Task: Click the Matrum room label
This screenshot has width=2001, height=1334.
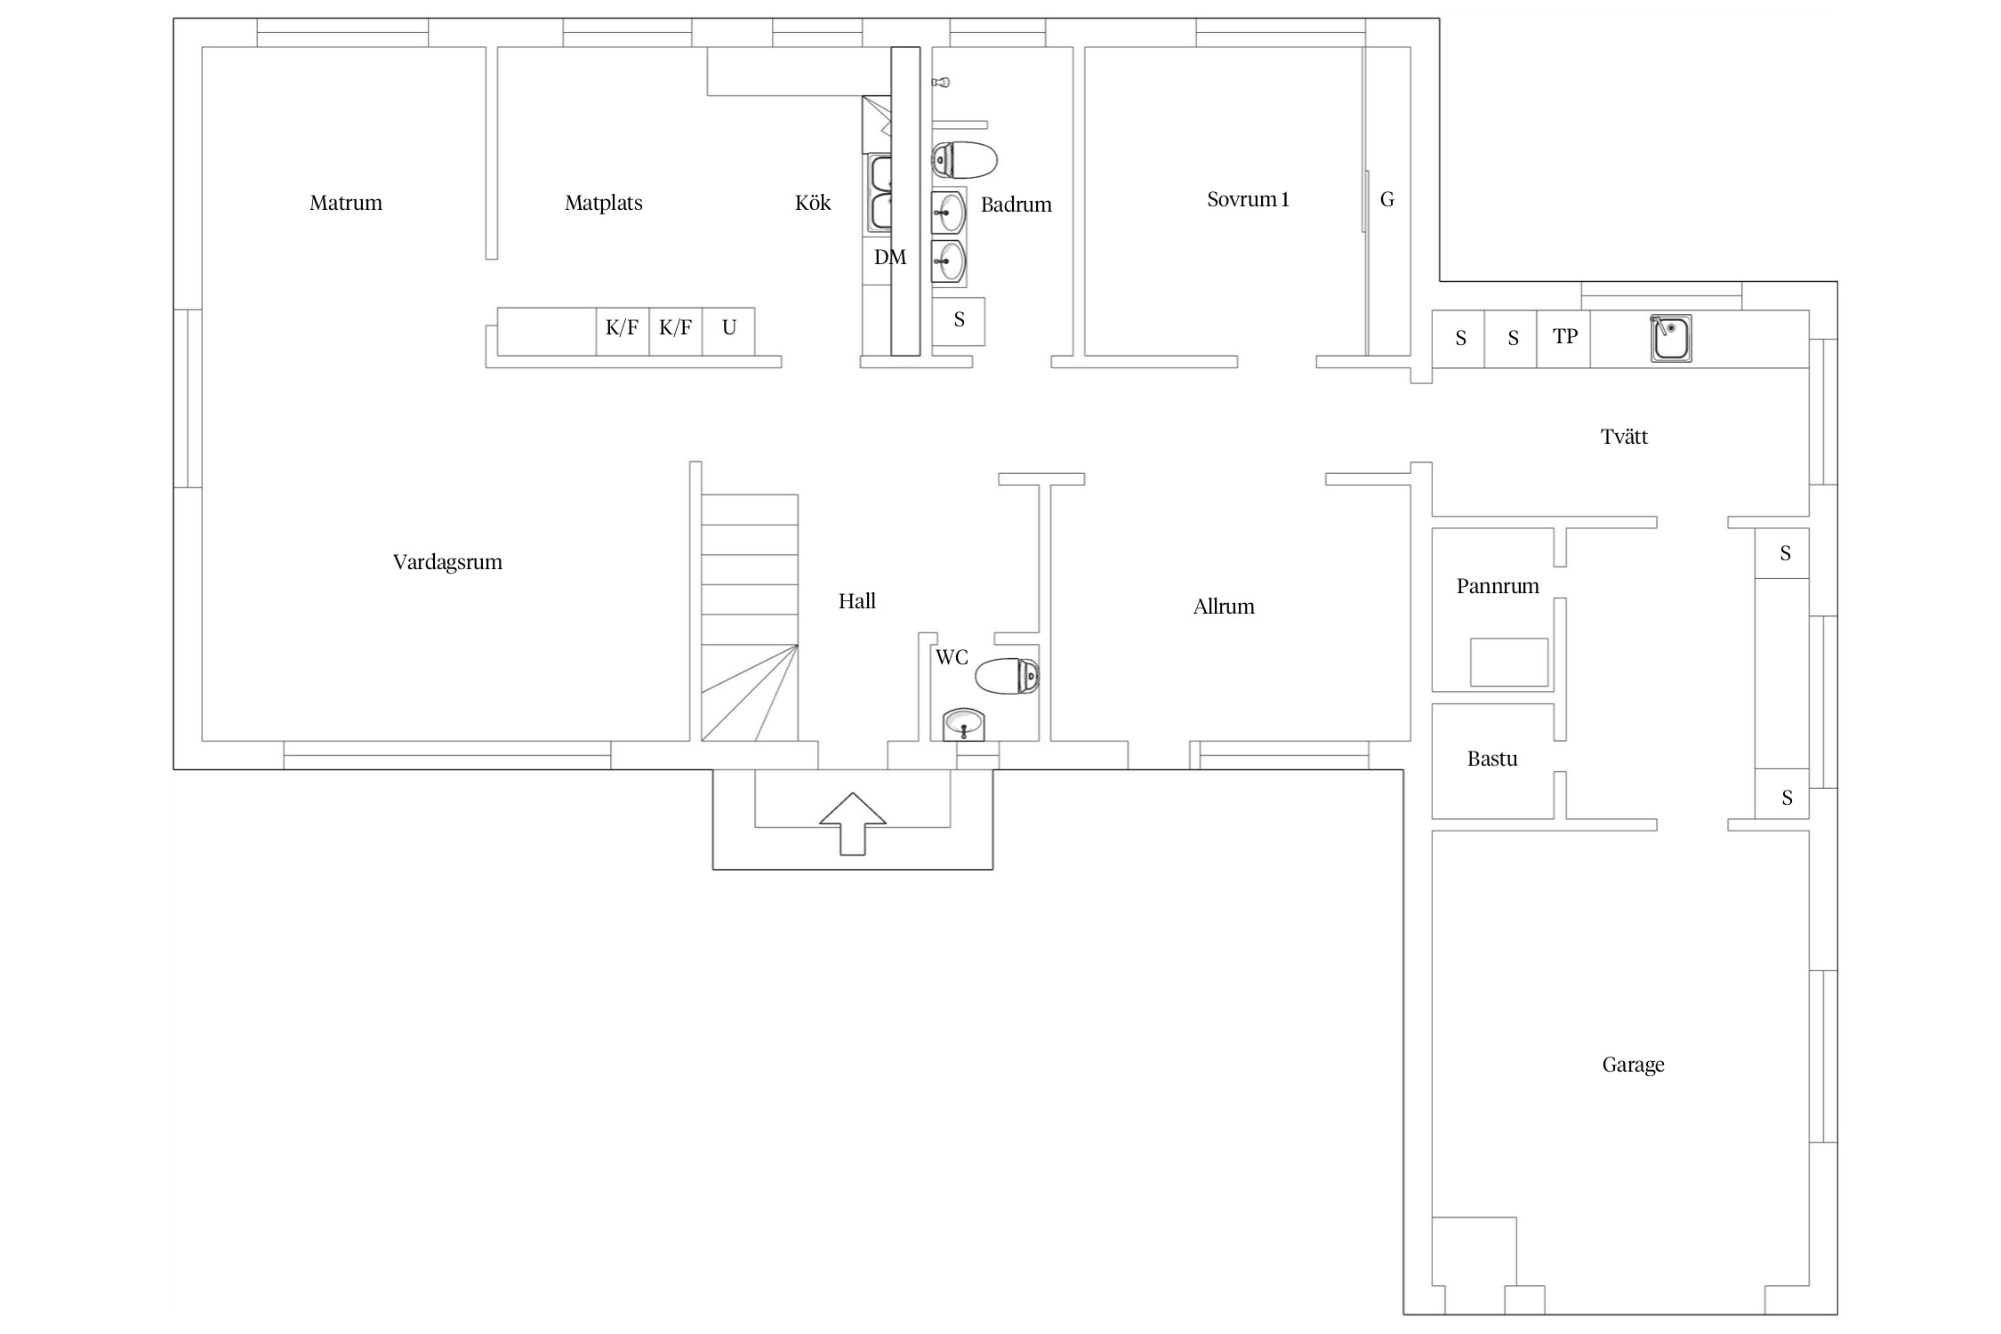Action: pyautogui.click(x=346, y=203)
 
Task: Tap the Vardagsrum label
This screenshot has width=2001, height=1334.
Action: pyautogui.click(x=447, y=562)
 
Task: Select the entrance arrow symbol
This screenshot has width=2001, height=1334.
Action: pyautogui.click(x=852, y=824)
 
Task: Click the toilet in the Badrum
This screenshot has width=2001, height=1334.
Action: pyautogui.click(x=964, y=160)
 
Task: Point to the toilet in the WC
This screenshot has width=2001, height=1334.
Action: pyautogui.click(x=1007, y=676)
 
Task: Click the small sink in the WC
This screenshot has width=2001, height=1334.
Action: pyautogui.click(x=964, y=725)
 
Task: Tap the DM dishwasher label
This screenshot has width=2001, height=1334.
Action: pyautogui.click(x=890, y=257)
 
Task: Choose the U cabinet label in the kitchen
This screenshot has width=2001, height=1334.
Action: pyautogui.click(x=729, y=328)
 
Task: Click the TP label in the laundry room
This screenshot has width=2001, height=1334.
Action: pyautogui.click(x=1565, y=336)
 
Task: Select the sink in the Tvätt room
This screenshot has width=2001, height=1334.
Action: pyautogui.click(x=1671, y=339)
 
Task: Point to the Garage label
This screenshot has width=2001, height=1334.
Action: pyautogui.click(x=1633, y=1065)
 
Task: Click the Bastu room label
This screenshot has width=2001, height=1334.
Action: pyautogui.click(x=1492, y=759)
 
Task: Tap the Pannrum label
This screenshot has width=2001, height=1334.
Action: pyautogui.click(x=1498, y=586)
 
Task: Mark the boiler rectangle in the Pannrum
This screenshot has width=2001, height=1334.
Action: pyautogui.click(x=1509, y=663)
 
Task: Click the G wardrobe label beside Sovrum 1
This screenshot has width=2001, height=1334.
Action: pyautogui.click(x=1387, y=199)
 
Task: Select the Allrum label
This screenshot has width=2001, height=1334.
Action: pyautogui.click(x=1224, y=607)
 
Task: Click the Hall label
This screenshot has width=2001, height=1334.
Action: pyautogui.click(x=857, y=601)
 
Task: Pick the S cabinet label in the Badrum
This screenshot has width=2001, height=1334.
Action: pyautogui.click(x=959, y=319)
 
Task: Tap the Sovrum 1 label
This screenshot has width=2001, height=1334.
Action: pyautogui.click(x=1248, y=199)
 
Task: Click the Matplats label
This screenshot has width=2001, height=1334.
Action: pyautogui.click(x=604, y=203)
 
